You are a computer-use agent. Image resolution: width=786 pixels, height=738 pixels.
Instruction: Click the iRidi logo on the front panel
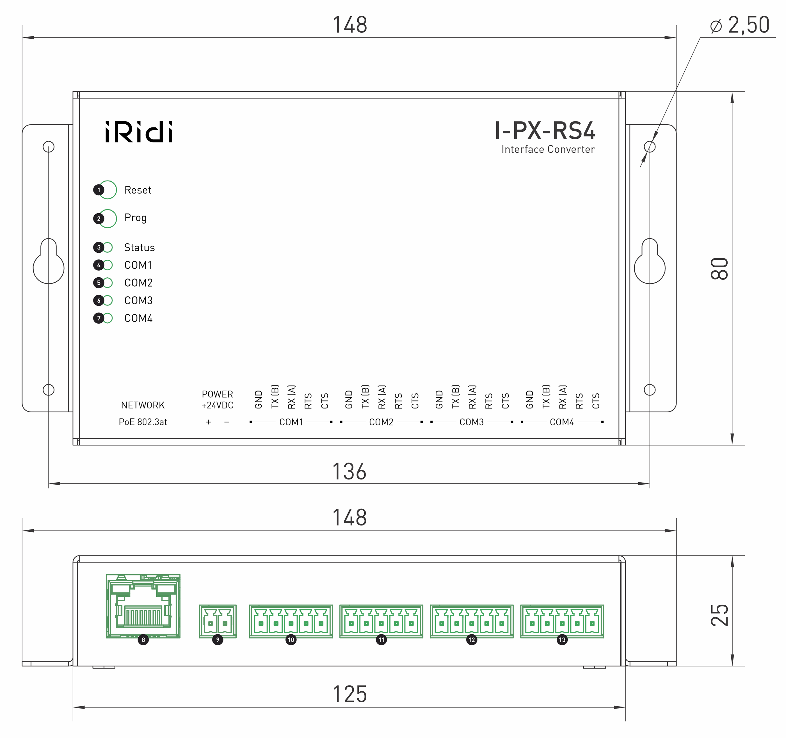point(139,132)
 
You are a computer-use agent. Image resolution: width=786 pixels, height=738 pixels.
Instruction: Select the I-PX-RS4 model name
point(545,131)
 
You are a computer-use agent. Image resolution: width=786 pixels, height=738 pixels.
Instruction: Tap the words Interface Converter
point(548,149)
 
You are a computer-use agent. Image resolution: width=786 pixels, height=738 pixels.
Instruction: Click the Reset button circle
point(108,190)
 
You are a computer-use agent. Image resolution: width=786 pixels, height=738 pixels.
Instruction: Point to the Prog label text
point(136,218)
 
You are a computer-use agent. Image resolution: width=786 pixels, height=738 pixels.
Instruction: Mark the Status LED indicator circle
point(108,247)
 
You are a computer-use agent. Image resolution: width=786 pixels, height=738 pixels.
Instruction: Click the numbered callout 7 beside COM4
point(99,318)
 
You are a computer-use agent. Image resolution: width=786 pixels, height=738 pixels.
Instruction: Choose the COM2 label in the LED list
point(138,283)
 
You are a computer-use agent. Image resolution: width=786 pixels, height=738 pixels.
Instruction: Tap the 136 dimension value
point(349,472)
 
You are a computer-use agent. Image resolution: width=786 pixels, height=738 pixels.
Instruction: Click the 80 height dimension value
point(719,269)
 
